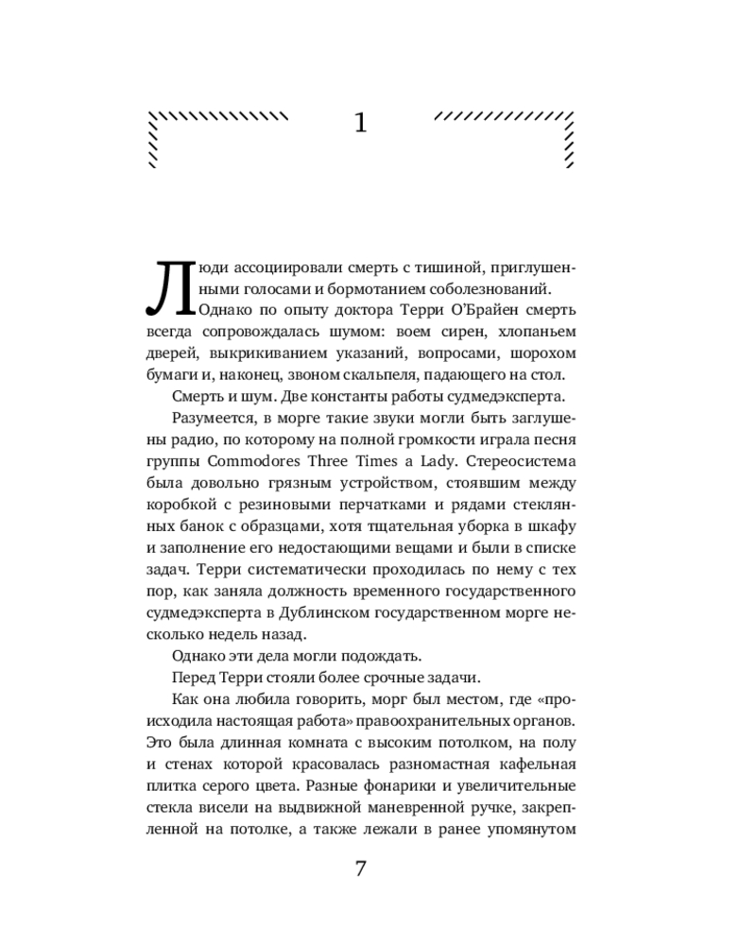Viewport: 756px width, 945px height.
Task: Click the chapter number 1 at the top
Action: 359,123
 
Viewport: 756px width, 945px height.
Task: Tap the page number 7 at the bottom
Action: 360,868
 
